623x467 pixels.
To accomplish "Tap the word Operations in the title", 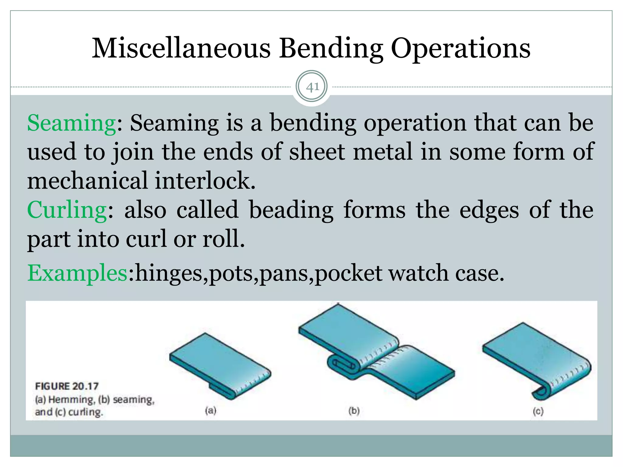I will pos(460,49).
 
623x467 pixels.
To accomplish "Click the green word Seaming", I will pos(71,123).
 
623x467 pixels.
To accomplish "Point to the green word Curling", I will pos(67,210).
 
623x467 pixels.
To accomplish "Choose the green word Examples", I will pos(78,273).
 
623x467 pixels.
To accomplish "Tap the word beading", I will pos(291,210).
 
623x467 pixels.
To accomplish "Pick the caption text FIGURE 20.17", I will pos(67,386).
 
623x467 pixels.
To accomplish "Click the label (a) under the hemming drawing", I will pos(211,411).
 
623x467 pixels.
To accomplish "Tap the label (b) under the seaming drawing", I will pos(354,411).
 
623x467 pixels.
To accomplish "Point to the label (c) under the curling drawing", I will pos(538,411).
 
